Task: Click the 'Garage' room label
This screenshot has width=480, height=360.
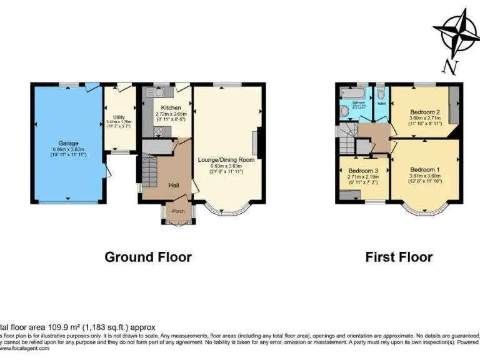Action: coord(69,143)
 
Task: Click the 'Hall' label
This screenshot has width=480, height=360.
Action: coord(174,184)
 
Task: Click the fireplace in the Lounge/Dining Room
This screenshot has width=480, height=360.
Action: coord(254,144)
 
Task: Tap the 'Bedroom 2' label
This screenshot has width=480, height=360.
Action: coord(425,112)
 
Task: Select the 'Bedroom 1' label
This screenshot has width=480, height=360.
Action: coord(425,169)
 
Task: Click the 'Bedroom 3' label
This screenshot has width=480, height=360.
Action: coord(363,171)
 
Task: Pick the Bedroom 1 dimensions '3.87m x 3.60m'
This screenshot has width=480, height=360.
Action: coord(425,176)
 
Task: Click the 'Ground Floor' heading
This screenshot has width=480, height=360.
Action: coord(147,257)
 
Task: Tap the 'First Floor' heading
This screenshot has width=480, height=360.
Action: coord(399,257)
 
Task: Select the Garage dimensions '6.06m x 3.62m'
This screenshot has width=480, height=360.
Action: coord(69,149)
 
